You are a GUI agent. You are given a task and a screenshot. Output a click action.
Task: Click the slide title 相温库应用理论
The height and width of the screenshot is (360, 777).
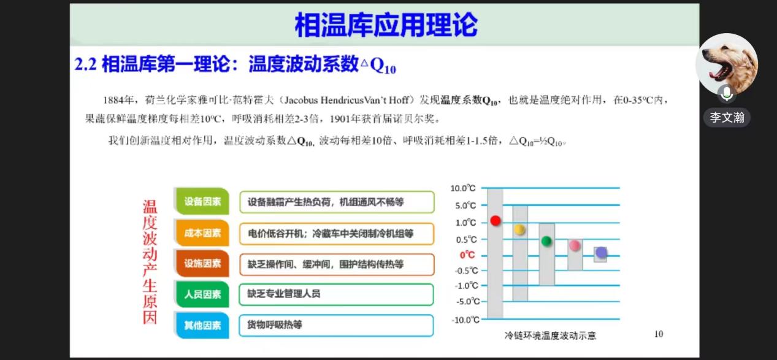point(386,25)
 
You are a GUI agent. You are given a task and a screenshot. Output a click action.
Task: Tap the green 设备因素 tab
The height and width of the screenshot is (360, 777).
point(202,201)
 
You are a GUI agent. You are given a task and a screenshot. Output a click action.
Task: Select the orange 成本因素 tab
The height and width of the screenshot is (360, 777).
point(202,232)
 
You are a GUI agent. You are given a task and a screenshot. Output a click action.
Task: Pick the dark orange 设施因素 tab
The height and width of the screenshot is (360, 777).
point(202,263)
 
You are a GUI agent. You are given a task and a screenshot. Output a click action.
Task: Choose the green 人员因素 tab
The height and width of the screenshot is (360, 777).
point(202,294)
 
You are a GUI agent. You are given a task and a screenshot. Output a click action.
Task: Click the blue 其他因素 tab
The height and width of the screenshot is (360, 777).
point(202,325)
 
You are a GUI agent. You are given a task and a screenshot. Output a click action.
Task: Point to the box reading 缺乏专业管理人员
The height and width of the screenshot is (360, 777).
point(336,294)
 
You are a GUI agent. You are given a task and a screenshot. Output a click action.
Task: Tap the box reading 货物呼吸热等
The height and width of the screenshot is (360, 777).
point(336,325)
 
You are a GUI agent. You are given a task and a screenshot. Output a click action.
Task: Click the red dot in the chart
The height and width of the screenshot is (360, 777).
point(496,221)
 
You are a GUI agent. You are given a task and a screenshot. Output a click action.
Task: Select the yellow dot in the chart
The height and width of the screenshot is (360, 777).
point(519,229)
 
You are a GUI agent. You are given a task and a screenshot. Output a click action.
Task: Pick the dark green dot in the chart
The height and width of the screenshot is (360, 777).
point(546,241)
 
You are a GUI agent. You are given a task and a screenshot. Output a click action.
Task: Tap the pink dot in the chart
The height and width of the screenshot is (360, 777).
point(575,245)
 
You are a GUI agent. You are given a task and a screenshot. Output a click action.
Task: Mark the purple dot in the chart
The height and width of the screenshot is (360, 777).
point(601,253)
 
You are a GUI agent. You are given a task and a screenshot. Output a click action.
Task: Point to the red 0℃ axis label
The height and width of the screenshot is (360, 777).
point(467,255)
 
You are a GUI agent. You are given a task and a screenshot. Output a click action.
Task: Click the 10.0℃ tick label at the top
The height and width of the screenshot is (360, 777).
point(463,188)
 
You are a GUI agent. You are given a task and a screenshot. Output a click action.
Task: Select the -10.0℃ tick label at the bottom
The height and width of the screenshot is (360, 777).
point(465,320)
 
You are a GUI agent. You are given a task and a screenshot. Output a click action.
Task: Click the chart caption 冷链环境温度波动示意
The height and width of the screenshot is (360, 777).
point(550,335)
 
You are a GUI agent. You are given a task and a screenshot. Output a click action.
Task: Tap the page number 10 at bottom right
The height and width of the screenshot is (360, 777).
point(659,334)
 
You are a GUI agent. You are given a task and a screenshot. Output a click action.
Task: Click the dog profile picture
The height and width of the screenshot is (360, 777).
point(727,64)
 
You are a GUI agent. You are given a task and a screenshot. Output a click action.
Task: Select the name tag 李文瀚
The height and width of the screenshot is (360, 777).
point(727,118)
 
